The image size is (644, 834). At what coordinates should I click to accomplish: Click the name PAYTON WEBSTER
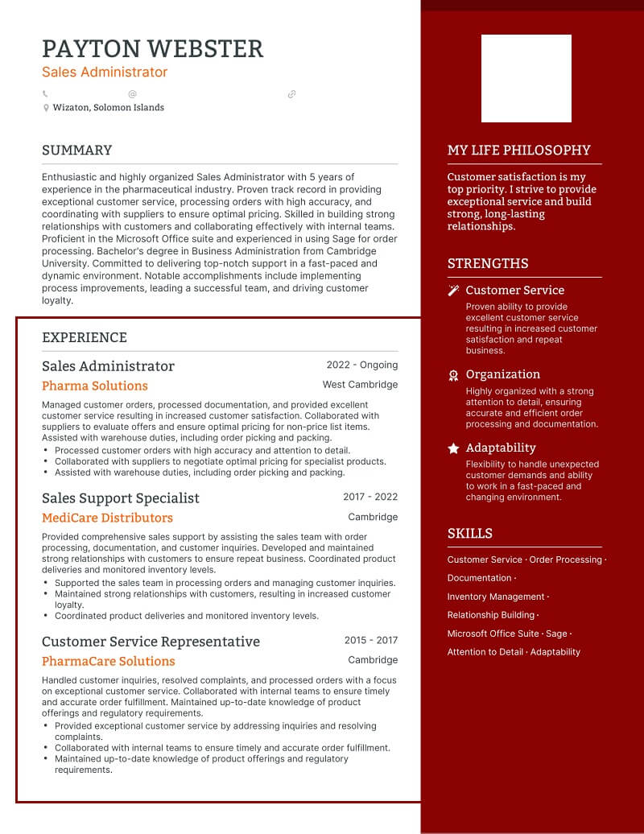[152, 49]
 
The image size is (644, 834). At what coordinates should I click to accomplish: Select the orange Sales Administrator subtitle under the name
[105, 72]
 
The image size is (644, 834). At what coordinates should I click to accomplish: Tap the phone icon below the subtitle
[45, 94]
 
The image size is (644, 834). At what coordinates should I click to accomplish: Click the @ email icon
[132, 94]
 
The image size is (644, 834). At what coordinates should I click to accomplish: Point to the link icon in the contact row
[291, 94]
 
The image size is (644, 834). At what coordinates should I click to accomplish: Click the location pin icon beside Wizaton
[46, 108]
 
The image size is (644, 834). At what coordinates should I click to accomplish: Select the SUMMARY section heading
[76, 151]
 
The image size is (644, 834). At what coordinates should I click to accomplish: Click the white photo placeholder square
[526, 78]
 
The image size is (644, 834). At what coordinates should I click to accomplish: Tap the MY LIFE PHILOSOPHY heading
[518, 151]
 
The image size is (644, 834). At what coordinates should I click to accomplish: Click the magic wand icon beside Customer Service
[453, 291]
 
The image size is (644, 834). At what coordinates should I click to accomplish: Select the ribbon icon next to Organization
[453, 375]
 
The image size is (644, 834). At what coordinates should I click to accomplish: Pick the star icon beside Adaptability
[453, 448]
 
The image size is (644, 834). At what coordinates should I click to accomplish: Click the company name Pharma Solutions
[95, 386]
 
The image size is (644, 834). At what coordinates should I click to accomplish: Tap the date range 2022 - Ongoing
[362, 365]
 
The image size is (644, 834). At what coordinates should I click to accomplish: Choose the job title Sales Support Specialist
[121, 498]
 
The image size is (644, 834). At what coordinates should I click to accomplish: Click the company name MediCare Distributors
[107, 518]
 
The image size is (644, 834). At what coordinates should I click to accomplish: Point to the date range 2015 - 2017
[371, 641]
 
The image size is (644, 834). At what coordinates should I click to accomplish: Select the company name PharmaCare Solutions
[108, 661]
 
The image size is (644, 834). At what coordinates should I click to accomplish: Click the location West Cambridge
[360, 385]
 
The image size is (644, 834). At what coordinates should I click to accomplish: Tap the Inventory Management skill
[496, 597]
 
